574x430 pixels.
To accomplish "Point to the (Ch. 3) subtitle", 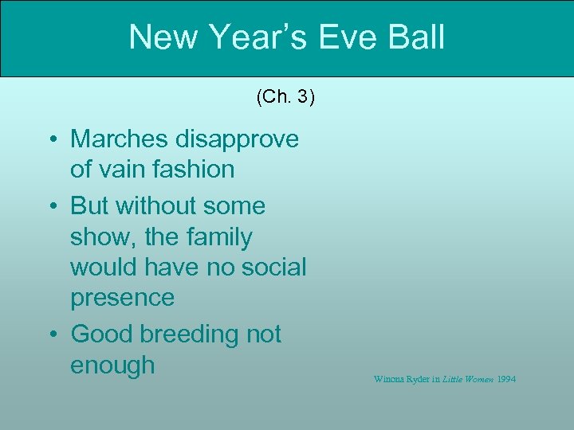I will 285,97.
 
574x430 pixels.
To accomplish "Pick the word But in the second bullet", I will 90,205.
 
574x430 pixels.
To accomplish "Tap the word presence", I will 122,297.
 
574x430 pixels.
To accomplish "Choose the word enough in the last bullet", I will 112,365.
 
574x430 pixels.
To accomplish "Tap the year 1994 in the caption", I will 506,379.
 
